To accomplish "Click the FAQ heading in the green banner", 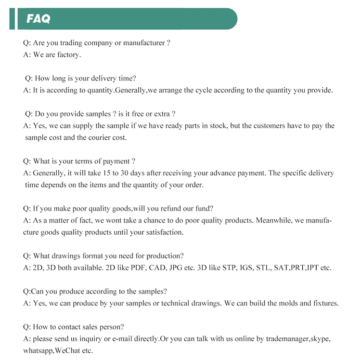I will [x=38, y=19].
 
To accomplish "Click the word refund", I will [x=168, y=209].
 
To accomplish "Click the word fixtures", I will [x=323, y=303].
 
